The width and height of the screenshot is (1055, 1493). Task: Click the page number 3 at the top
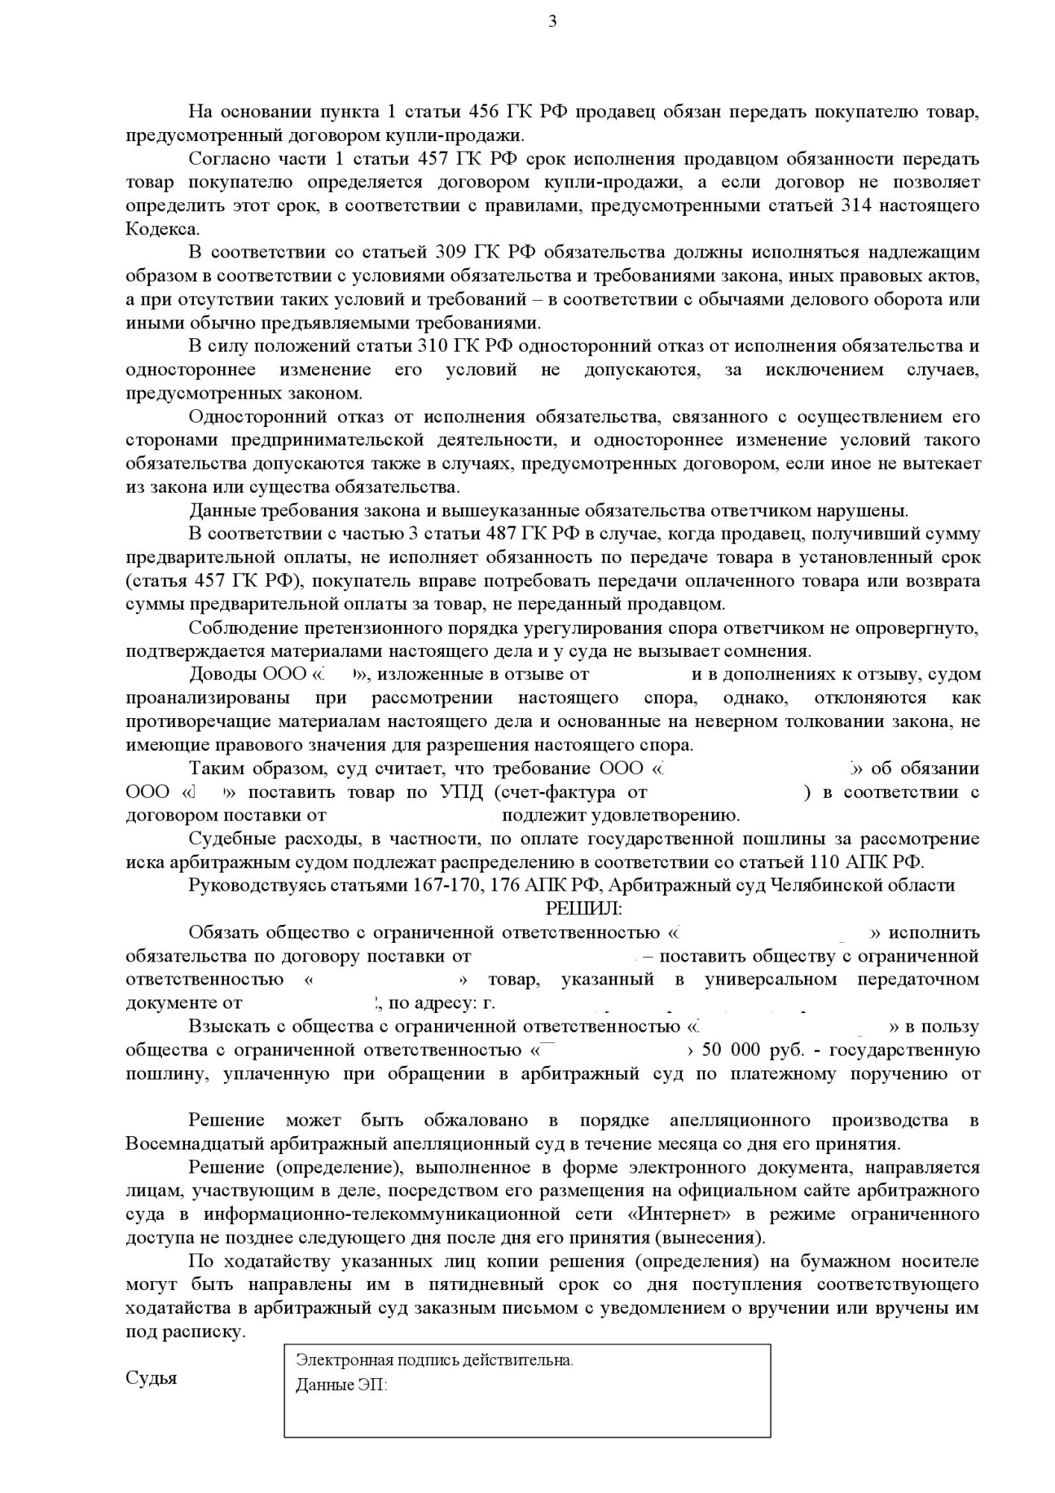click(553, 21)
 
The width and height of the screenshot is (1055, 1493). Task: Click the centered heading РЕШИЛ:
click(583, 908)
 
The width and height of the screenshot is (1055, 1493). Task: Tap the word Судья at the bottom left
click(151, 1378)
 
